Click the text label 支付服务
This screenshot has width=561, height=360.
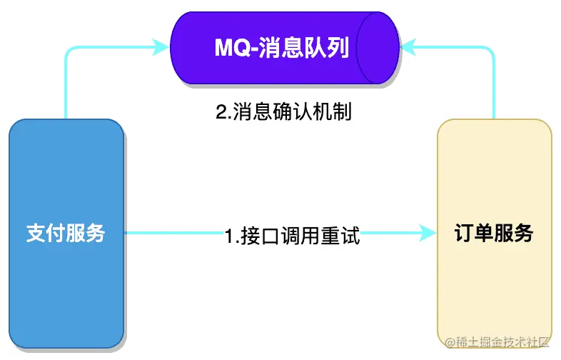(66, 233)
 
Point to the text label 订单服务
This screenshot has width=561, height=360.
(494, 233)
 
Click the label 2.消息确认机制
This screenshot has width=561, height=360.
(283, 112)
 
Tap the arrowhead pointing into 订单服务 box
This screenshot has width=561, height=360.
(428, 232)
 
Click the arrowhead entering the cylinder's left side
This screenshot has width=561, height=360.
(163, 49)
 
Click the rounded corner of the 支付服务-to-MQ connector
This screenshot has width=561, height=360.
(69, 51)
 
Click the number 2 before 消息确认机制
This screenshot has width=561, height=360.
(221, 113)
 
